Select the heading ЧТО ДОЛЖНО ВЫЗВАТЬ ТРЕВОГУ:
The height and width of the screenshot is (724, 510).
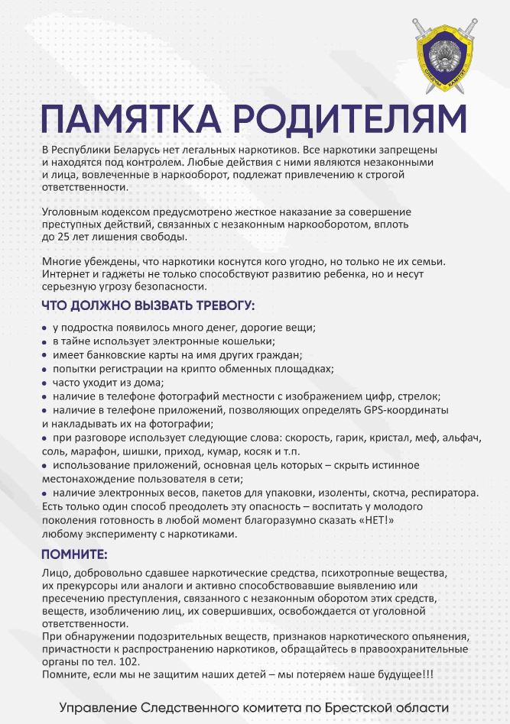tap(148, 306)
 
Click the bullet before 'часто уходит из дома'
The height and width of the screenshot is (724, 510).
tap(45, 383)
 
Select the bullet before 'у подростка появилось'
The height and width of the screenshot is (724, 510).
tap(45, 328)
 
